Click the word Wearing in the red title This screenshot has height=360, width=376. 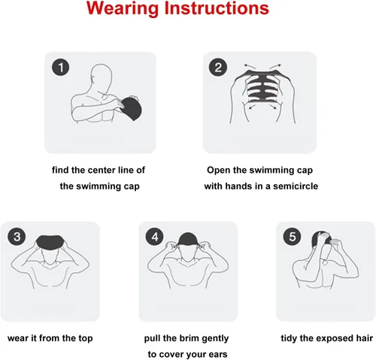pos(123,8)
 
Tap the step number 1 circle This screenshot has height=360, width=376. pos(61,68)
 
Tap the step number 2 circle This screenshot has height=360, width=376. pos(218,68)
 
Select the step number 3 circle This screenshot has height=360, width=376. pos(17,237)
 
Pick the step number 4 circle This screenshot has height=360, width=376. pos(155,237)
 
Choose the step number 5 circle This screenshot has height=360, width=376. pos(293,237)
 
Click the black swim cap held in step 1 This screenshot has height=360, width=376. pos(132,108)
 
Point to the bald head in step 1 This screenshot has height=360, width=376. pos(100,77)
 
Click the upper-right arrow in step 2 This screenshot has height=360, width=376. pos(275,67)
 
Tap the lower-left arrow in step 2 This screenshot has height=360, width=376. pos(252,107)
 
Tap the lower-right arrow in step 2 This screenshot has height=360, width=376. pos(273,107)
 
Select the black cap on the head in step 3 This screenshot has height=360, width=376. pos(50,243)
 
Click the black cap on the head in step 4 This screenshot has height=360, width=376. pos(188,239)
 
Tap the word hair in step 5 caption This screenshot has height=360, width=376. pos(365,338)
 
